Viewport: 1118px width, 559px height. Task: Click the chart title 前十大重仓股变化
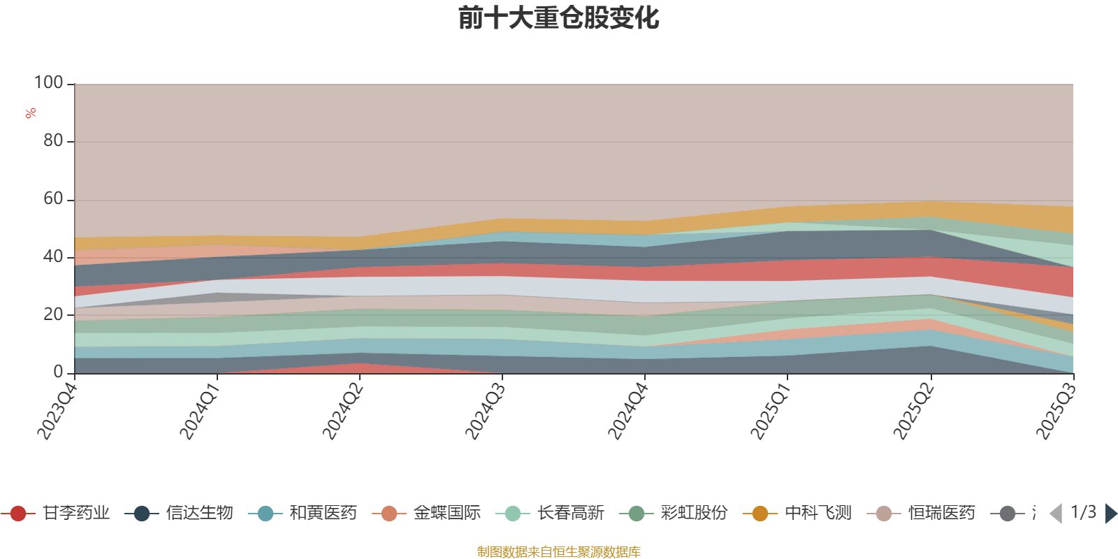click(x=559, y=18)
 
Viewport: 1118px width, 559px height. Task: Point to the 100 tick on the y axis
click(x=49, y=83)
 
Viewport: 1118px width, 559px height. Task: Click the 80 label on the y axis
click(x=53, y=141)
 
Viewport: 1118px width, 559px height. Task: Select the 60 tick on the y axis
click(x=53, y=199)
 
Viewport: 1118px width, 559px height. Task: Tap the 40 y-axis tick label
click(x=53, y=257)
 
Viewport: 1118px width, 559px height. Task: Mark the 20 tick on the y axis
click(x=53, y=314)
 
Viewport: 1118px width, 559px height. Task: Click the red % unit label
click(x=31, y=113)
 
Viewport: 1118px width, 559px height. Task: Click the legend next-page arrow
click(x=1110, y=514)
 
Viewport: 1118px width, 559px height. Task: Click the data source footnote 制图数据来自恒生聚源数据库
click(x=559, y=552)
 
